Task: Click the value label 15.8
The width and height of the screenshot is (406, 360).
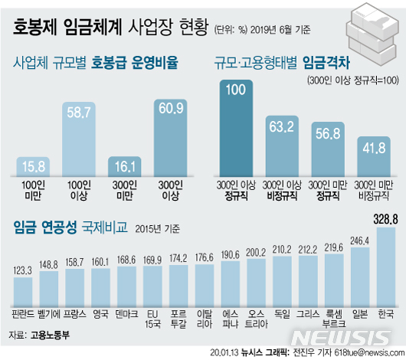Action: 36,165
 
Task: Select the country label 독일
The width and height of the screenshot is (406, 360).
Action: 282,315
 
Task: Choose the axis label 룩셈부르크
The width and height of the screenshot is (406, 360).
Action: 333,319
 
